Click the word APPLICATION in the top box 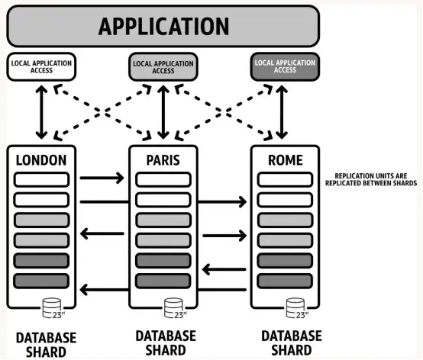click(x=163, y=26)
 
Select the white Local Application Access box click(x=41, y=67)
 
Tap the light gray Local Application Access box click(x=163, y=67)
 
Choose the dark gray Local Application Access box click(x=285, y=67)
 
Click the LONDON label click(x=41, y=160)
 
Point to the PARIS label click(x=163, y=160)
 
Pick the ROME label click(x=286, y=160)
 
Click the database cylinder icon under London click(x=53, y=308)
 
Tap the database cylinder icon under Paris click(x=174, y=308)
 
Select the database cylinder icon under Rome click(x=296, y=308)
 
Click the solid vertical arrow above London click(x=41, y=112)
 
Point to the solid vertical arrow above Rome click(x=282, y=112)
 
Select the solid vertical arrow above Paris click(x=163, y=112)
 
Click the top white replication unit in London click(x=41, y=180)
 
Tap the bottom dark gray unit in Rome click(x=285, y=281)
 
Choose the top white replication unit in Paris click(x=163, y=180)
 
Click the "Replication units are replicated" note click(x=371, y=179)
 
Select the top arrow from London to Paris click(x=102, y=178)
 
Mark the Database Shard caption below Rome click(x=292, y=343)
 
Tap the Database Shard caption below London click(x=46, y=345)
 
